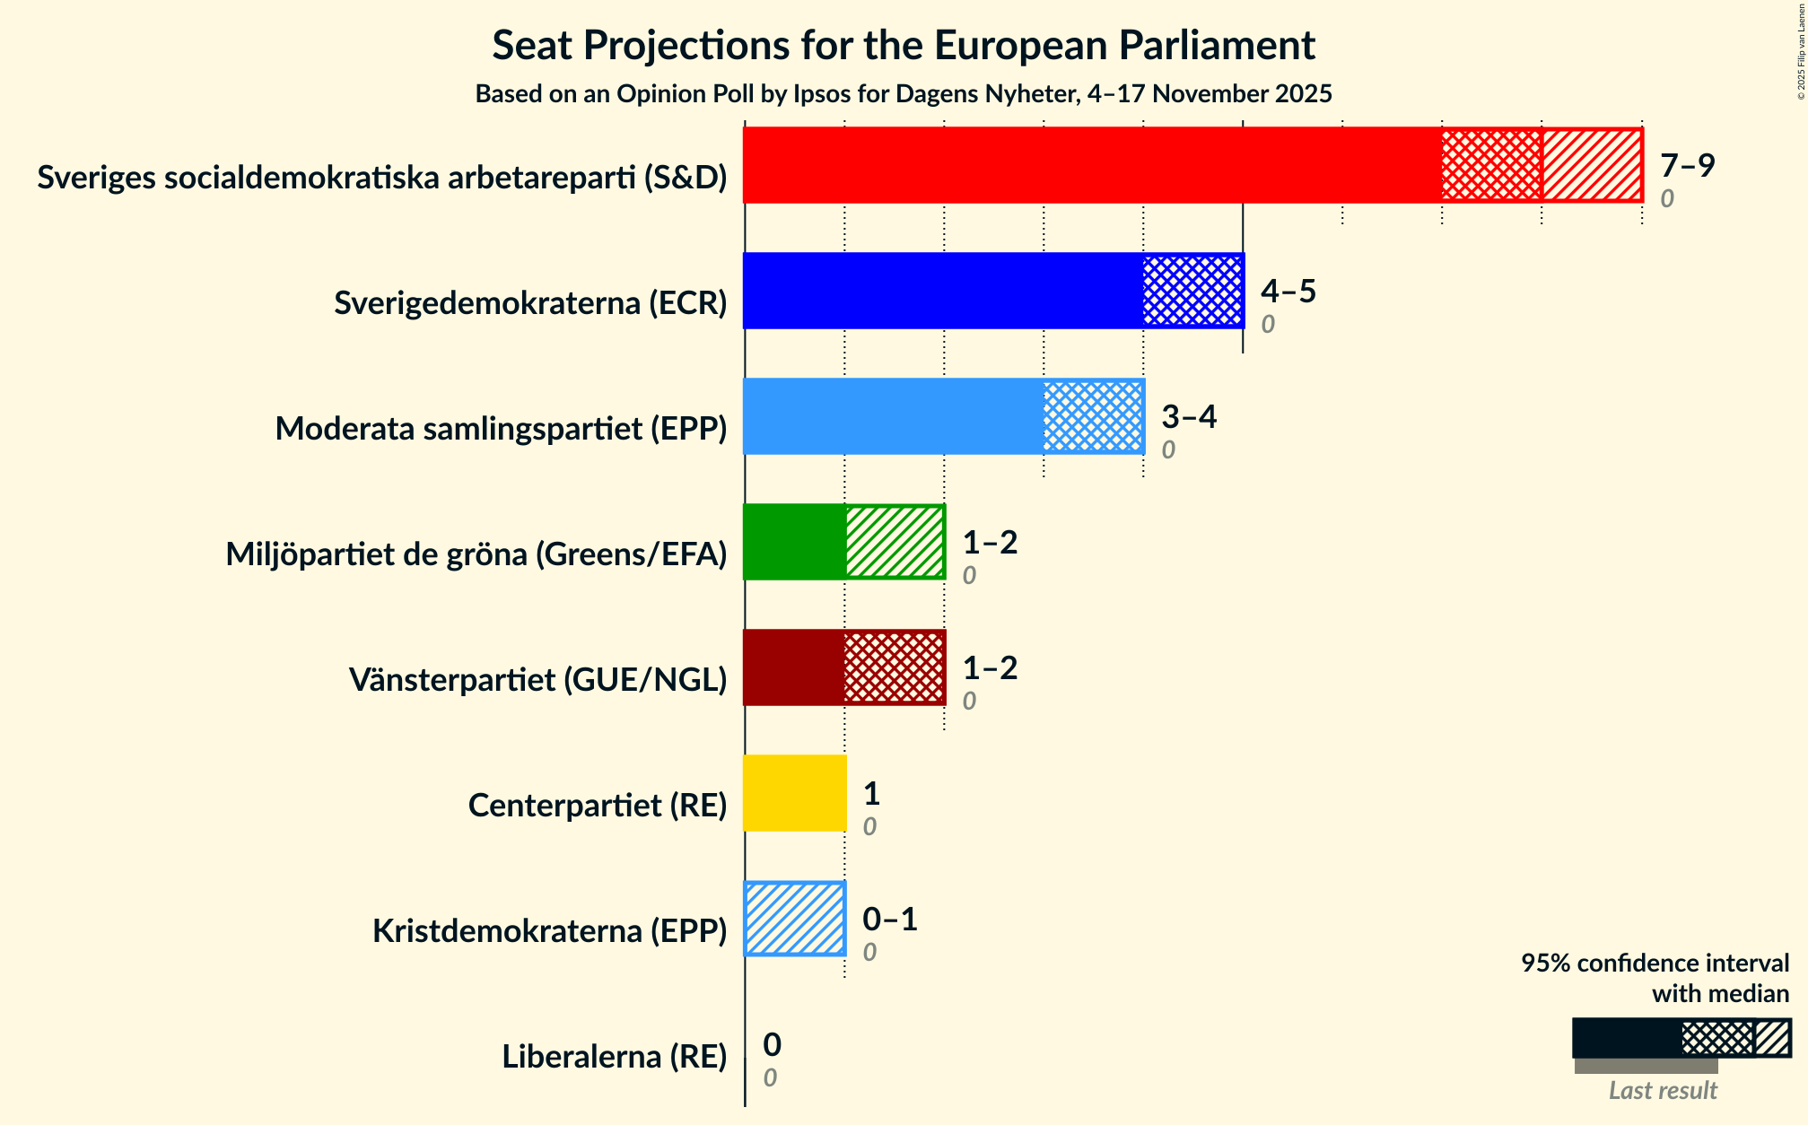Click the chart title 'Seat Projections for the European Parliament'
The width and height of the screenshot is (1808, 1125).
tap(903, 46)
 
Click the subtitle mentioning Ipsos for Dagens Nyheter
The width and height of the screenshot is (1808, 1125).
tap(903, 94)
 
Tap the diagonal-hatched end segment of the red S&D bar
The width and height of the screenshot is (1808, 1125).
tap(1592, 165)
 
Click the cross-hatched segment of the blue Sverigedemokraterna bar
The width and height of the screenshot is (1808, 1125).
tap(1192, 291)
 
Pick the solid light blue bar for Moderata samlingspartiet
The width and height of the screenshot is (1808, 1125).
tap(893, 416)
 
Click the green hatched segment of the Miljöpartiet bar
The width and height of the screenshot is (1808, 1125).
tap(895, 542)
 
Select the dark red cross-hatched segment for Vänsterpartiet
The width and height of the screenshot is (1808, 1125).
tap(894, 667)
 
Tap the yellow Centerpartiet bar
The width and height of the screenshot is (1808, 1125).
tap(795, 793)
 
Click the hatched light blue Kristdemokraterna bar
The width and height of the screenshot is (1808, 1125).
tap(795, 919)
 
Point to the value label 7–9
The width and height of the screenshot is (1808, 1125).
tap(1687, 166)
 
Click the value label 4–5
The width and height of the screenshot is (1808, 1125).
tap(1288, 292)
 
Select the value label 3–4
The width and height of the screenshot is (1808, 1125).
tap(1188, 417)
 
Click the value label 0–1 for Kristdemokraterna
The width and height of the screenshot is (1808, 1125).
tap(889, 920)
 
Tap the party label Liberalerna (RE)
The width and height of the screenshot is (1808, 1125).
tap(614, 1057)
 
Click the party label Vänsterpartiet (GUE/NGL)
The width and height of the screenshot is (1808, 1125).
tap(537, 680)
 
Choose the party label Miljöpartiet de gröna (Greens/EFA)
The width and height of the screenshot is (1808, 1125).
tap(476, 554)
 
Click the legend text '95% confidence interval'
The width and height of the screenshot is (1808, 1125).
tap(1654, 964)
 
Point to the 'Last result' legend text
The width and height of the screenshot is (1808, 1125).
tap(1662, 1090)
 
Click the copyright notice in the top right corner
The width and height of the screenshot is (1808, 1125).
tap(1801, 49)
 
